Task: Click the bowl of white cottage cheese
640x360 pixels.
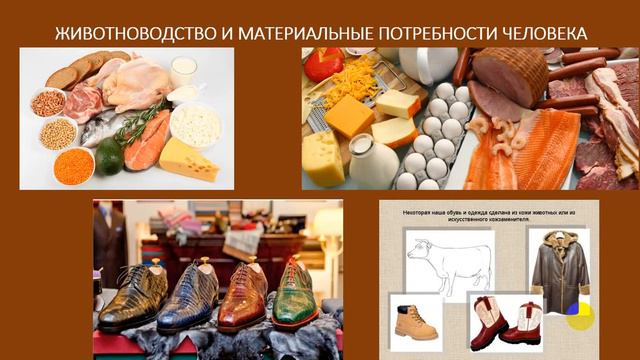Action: [x=195, y=125]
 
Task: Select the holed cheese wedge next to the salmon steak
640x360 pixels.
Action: [x=190, y=160]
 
